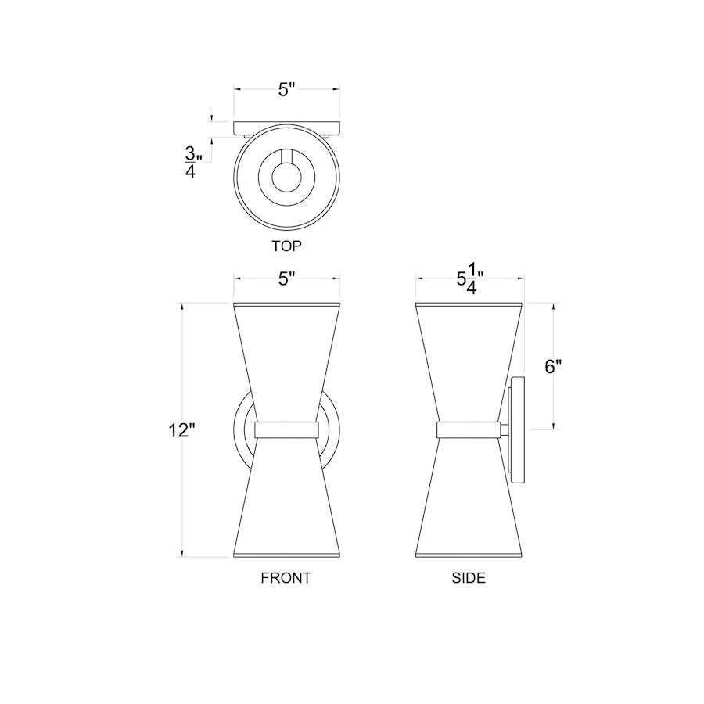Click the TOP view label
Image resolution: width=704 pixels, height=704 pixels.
pos(286,245)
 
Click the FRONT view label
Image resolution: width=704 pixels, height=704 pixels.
pos(286,578)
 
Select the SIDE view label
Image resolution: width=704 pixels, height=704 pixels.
pos(469,578)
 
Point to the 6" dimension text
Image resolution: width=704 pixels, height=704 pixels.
pos(554,368)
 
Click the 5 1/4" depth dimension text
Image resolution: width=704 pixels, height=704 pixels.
pos(469,280)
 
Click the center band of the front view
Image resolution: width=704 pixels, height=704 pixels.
pos(286,429)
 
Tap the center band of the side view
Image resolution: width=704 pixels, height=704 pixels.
pos(469,429)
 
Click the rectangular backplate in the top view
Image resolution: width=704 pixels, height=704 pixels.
pos(287,127)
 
